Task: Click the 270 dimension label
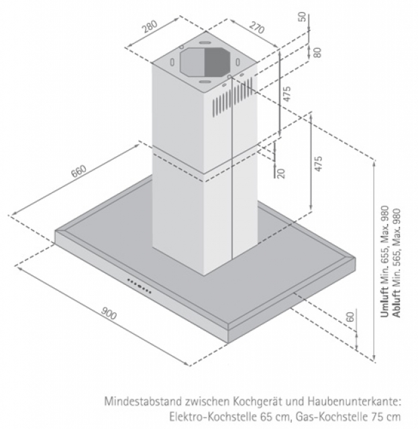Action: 255,29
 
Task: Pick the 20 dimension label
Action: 281,173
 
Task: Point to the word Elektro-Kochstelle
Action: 199,416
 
